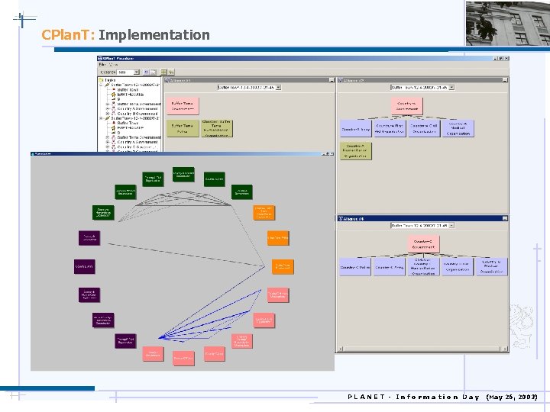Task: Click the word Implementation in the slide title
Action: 154,35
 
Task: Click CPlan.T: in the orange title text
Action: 68,35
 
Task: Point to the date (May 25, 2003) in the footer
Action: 512,397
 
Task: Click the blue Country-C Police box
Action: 354,267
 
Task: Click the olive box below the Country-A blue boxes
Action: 354,150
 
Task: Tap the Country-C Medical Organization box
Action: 491,267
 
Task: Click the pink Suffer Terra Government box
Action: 181,105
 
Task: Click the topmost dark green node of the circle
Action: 183,175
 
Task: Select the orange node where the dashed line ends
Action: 282,266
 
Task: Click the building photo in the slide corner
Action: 507,23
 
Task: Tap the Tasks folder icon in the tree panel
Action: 102,79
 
